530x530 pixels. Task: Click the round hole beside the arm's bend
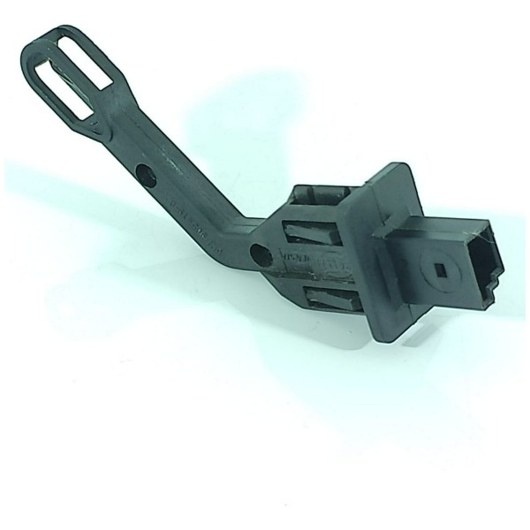[261, 256]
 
